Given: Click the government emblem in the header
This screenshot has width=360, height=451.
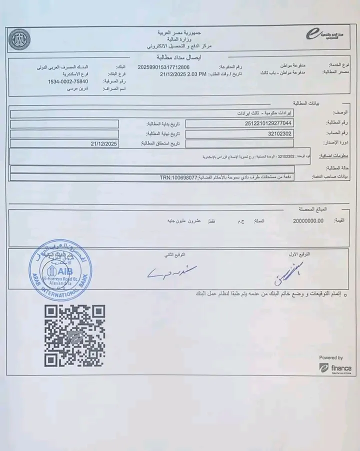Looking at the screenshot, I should pos(19,40).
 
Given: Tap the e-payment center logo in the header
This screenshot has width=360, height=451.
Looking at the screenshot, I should pos(320,34).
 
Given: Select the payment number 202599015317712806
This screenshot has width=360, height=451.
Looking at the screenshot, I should pos(163,66).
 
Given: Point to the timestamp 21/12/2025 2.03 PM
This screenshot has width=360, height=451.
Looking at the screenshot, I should pos(183,73).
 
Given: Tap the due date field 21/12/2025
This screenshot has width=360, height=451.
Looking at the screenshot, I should pos(103,143).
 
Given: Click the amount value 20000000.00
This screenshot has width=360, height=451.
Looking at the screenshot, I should pos(308,220).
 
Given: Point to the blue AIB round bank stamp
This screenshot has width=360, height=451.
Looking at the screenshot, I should pos(60,270).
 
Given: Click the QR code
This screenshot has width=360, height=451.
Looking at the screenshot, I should pos(74,335).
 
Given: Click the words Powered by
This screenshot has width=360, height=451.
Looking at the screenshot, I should pos(331,357).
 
